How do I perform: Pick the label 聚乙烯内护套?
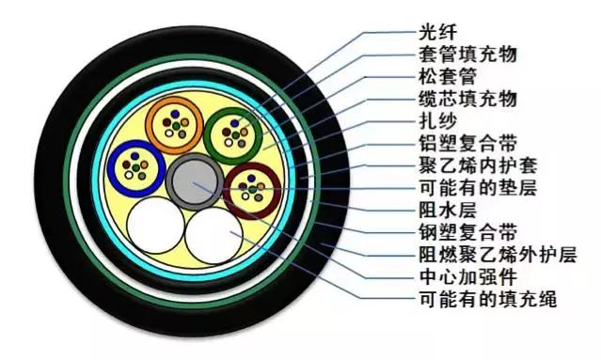tap(476, 166)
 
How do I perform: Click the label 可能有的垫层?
tap(476, 189)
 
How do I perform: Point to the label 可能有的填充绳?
tap(486, 301)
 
